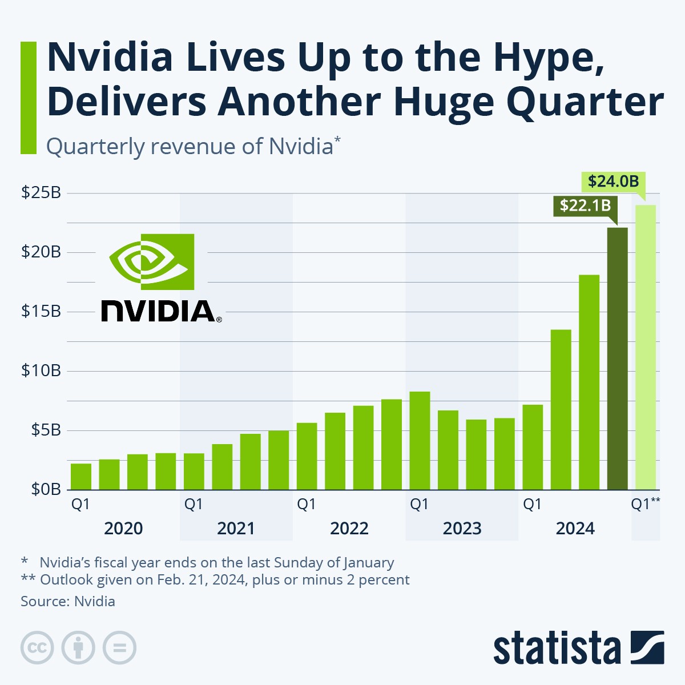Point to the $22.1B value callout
585,205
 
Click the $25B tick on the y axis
41,193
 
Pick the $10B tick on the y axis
41,371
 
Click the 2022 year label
349,529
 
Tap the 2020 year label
123,529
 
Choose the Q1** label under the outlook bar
645,505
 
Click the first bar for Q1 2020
81,477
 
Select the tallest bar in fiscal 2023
420,441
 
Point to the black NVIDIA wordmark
159,311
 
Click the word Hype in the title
547,58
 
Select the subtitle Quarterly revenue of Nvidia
193,146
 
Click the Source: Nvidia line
68,601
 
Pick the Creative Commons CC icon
37,648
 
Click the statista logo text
557,648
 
